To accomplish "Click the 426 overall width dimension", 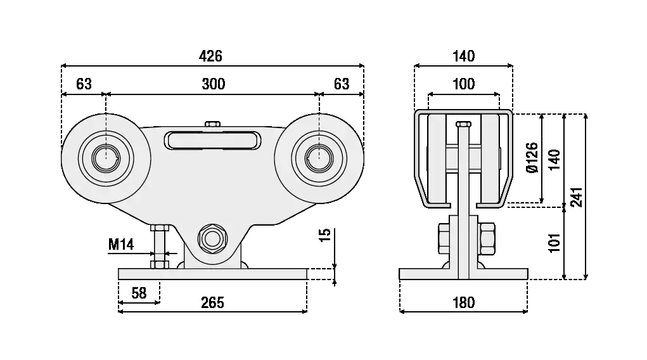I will pos(210,56).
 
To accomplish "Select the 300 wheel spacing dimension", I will pos(213,84).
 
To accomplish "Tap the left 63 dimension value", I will pos(84,84).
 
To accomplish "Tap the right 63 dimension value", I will pos(342,84).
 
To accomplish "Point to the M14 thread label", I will pos(121,244).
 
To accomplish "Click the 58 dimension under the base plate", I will pos(138,293).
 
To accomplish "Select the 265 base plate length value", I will pos(212,302).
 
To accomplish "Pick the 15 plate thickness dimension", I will pos(325,235).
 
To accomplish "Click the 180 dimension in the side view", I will pos(463,303).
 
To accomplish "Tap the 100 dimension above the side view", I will pos(463,84).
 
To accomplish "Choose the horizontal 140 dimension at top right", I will pos(463,56).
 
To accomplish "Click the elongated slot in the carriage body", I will pos(212,140).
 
